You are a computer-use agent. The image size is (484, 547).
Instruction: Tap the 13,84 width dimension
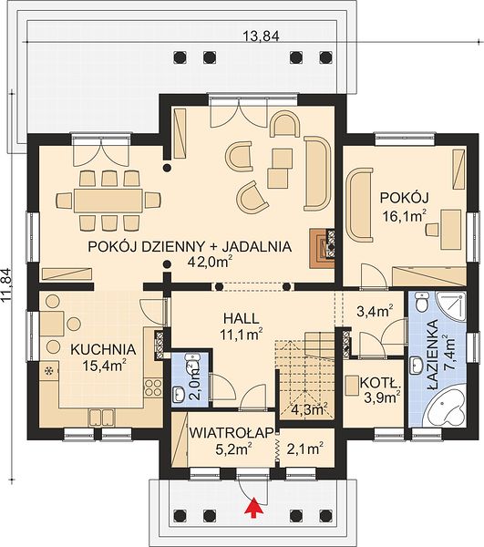(262, 36)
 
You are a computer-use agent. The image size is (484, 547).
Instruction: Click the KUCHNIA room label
(103, 349)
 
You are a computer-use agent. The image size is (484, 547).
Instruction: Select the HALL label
(242, 318)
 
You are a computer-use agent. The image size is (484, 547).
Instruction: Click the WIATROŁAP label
(232, 433)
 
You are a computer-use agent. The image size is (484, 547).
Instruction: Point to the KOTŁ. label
(380, 383)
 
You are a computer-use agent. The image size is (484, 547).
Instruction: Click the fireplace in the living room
(322, 248)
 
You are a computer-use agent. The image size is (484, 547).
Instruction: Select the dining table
(108, 201)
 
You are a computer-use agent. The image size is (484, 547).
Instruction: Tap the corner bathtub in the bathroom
(448, 408)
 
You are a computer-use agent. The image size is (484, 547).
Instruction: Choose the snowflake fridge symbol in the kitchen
(49, 371)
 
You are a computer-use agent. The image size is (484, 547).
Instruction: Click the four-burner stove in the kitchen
(153, 388)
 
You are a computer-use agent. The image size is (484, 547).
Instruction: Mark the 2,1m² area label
(304, 449)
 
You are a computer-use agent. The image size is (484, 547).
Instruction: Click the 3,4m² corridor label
(376, 310)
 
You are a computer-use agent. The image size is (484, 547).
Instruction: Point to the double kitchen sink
(102, 417)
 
